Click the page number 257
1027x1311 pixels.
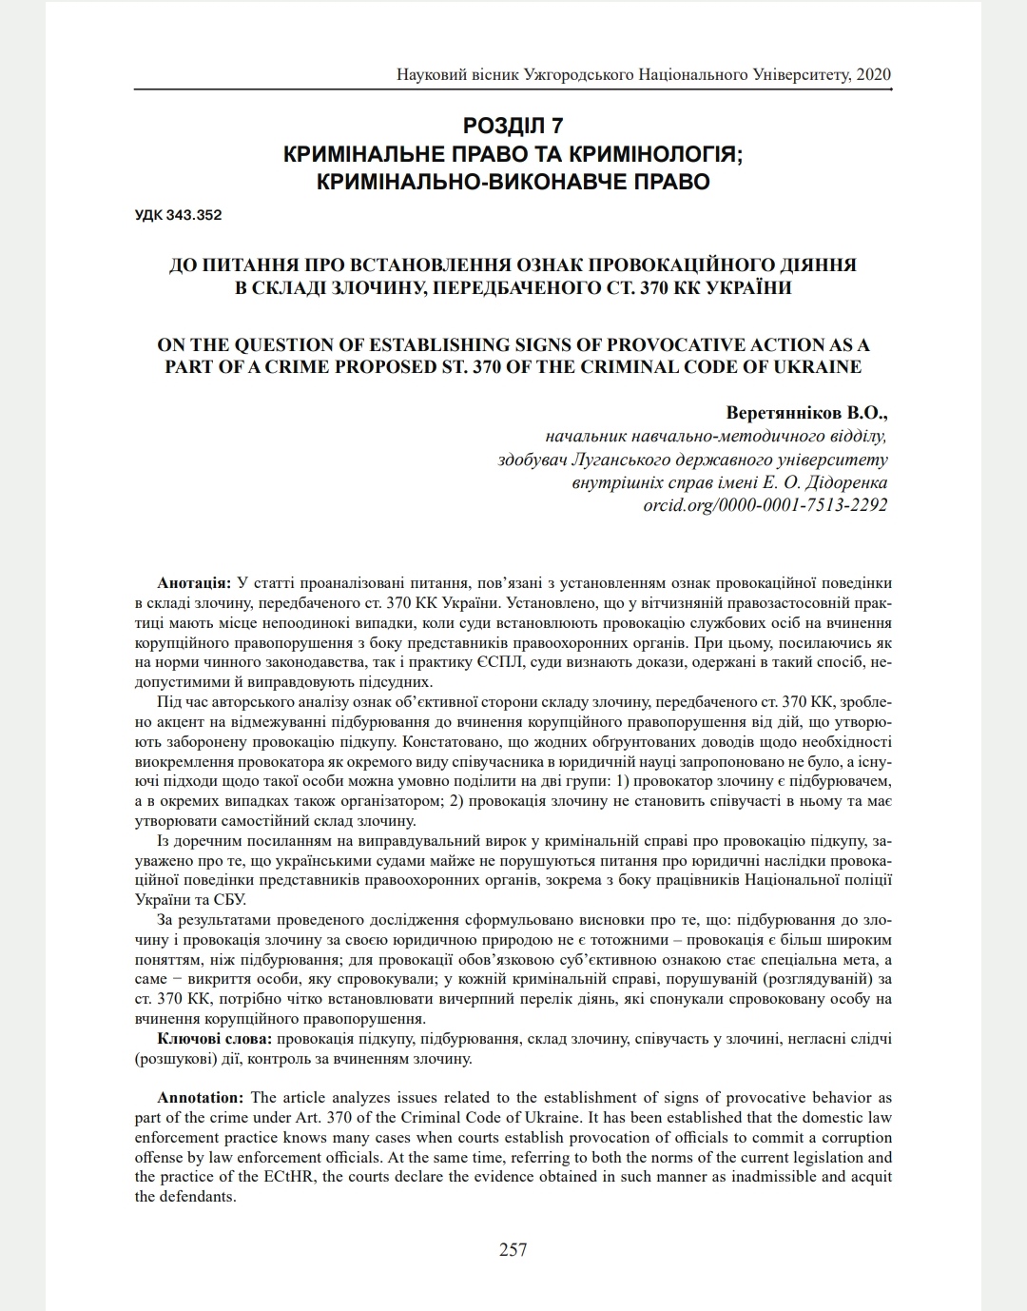[x=513, y=1249]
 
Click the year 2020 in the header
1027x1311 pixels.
[x=873, y=74]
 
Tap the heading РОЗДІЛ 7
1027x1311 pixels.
[x=513, y=127]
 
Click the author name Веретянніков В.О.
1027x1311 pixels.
[x=805, y=414]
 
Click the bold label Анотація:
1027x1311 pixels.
[x=194, y=582]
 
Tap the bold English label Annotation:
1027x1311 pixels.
[x=201, y=1098]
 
